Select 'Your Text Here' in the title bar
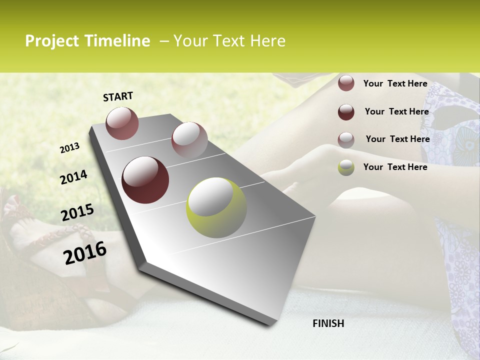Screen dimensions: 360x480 pos(229,41)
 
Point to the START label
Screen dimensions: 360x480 pos(118,96)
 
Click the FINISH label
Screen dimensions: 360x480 pos(328,323)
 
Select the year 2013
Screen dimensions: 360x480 pos(70,148)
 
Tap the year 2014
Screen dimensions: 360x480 pos(74,177)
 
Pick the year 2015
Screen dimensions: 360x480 pos(77,213)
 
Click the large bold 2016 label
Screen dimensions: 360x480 pos(85,252)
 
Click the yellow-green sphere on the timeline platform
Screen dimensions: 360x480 pos(216,207)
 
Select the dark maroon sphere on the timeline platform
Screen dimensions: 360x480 pos(145,179)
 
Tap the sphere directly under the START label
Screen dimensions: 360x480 pos(122,123)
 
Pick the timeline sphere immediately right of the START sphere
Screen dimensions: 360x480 pos(189,139)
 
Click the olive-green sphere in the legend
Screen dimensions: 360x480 pos(346,167)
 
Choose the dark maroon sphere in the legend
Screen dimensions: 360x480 pos(346,112)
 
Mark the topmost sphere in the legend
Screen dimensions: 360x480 pos(346,83)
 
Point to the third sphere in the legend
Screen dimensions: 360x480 pos(346,140)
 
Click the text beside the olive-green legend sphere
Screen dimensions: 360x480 pos(395,167)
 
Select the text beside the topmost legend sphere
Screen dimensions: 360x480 pos(395,83)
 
